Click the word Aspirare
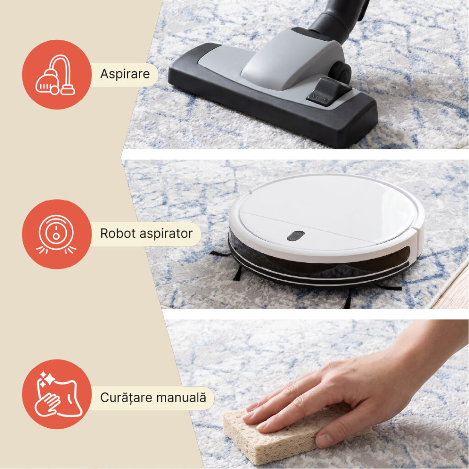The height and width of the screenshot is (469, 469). coord(125,74)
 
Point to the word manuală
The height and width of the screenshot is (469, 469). coord(181,397)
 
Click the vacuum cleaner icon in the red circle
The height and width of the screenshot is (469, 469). coord(55,75)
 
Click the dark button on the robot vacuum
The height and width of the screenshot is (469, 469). coord(295,236)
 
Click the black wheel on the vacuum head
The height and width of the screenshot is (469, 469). coord(341,73)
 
